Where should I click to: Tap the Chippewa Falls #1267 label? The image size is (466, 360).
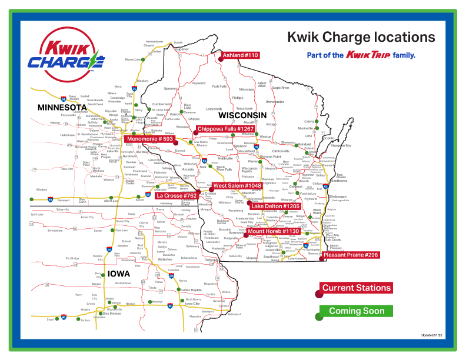[x=225, y=129]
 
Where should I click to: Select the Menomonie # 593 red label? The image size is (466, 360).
[x=150, y=139]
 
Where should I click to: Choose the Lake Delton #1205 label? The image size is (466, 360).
[x=275, y=206]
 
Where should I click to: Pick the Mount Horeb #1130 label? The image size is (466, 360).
[x=274, y=231]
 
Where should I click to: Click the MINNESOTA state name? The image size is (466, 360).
[x=62, y=108]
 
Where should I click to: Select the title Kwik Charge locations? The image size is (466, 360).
[x=361, y=38]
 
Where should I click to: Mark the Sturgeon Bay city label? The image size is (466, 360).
[x=341, y=145]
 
